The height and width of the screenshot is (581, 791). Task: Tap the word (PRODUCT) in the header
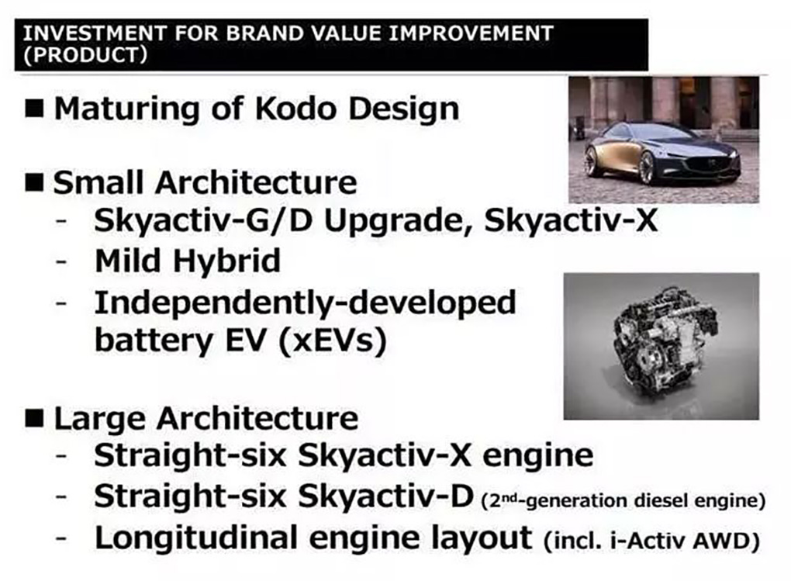pos(86,54)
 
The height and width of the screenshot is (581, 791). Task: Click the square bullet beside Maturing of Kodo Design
pos(34,108)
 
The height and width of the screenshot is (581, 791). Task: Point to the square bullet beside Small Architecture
pos(34,182)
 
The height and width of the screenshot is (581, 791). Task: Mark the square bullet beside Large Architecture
pos(34,418)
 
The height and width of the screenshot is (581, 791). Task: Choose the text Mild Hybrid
pos(187,261)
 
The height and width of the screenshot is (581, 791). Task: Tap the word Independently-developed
pos(306,303)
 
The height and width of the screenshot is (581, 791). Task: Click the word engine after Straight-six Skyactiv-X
pos(537,456)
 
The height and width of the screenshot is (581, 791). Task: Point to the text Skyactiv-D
pos(386,496)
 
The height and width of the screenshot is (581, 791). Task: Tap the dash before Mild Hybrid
pos(61,261)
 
